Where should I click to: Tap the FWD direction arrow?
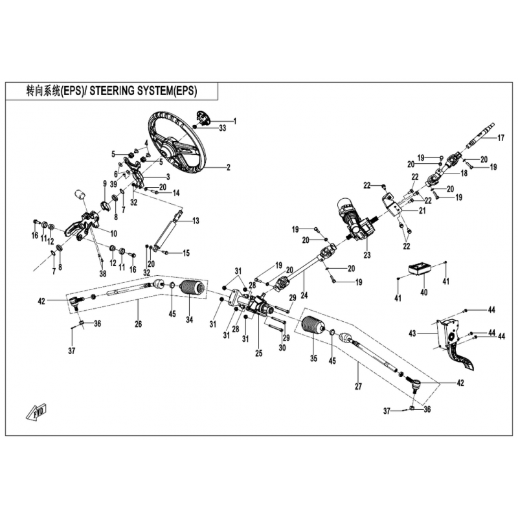pos(36,411)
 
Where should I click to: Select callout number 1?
pos(235,122)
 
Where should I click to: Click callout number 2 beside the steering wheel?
pos(229,168)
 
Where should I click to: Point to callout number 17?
pos(501,138)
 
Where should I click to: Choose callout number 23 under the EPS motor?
pos(367,255)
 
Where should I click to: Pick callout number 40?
pos(424,292)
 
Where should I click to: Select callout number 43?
pos(412,333)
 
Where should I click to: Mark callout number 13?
pos(196,221)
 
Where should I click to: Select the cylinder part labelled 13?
pos(168,231)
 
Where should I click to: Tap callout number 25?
pos(258,353)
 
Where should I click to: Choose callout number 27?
pos(359,386)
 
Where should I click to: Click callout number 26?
pos(138,324)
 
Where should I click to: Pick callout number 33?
pos(222,128)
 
